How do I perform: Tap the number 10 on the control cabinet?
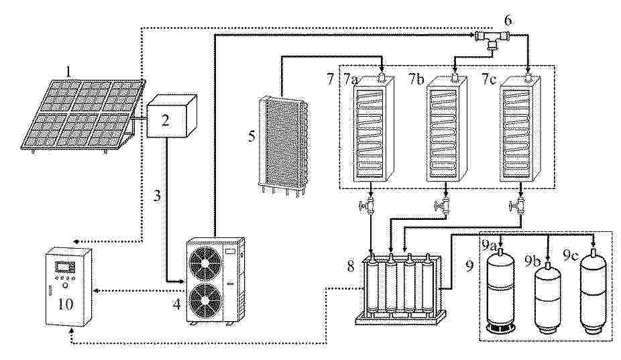click(x=65, y=304)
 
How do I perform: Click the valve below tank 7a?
click(x=369, y=205)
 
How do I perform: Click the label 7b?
click(x=416, y=79)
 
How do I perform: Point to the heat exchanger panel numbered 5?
click(x=282, y=145)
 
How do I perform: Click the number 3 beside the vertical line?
click(x=157, y=196)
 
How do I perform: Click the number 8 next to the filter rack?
click(x=351, y=267)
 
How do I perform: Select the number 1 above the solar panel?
click(x=69, y=72)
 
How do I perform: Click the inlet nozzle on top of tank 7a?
click(x=382, y=75)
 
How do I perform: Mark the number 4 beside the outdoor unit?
click(x=176, y=304)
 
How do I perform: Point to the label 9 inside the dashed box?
click(x=469, y=267)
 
